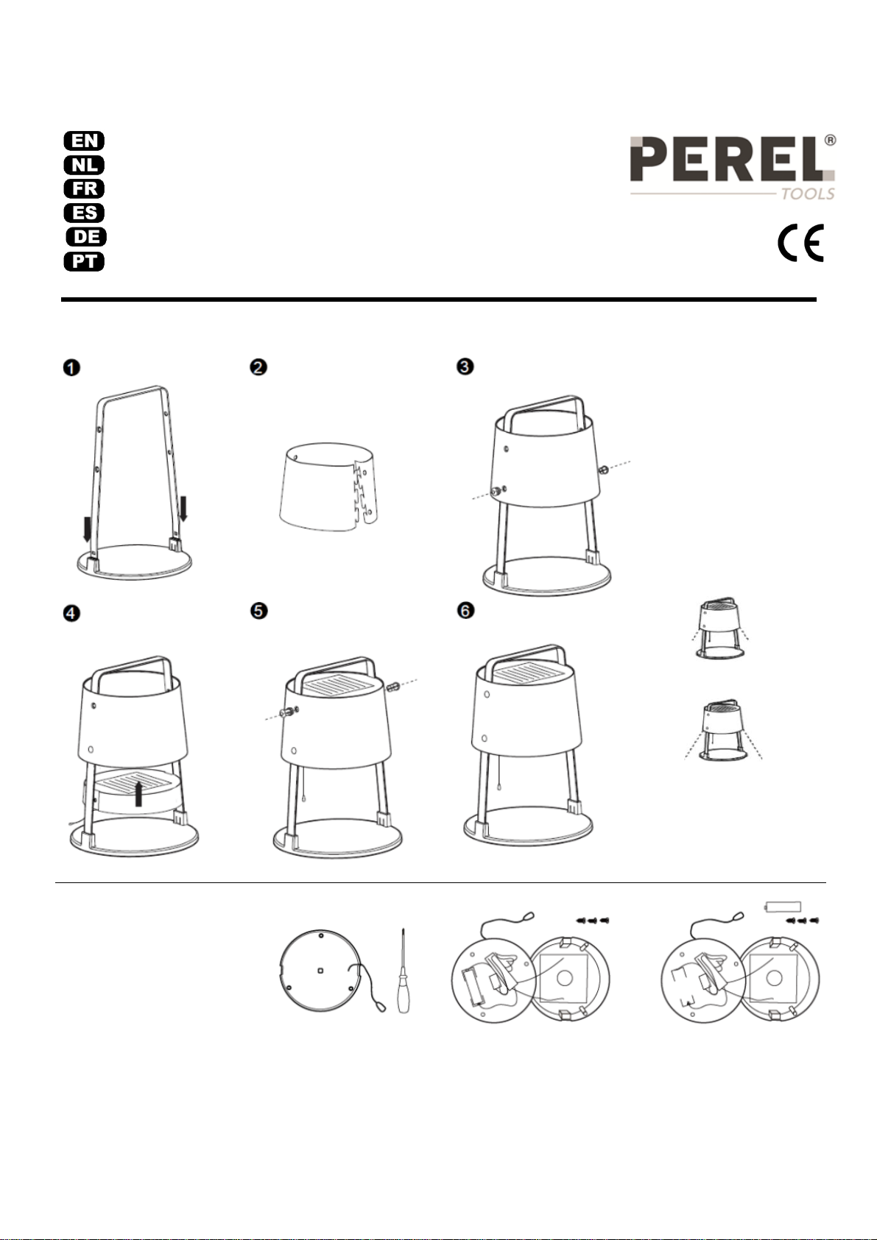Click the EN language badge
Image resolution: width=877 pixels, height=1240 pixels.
84,141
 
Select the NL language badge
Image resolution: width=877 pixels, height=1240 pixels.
84,165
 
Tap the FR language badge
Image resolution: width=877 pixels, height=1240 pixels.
84,189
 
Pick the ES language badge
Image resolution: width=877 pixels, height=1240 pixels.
84,213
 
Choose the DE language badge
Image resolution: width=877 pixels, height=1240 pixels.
86,237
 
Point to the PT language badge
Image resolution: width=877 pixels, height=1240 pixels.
84,261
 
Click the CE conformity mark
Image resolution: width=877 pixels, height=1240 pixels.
801,242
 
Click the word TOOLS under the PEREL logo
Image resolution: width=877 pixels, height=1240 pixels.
808,194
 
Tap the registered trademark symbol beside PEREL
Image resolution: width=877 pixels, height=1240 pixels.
830,141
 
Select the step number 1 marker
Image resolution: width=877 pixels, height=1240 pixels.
71,368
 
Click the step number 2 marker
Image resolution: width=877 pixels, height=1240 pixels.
258,366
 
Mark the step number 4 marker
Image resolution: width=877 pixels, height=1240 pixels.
71,614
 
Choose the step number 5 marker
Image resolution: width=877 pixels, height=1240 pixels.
258,612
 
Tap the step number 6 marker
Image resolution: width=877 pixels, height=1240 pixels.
465,611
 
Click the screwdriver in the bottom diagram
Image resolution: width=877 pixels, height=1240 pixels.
404,971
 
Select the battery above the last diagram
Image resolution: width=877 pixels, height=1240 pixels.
783,907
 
